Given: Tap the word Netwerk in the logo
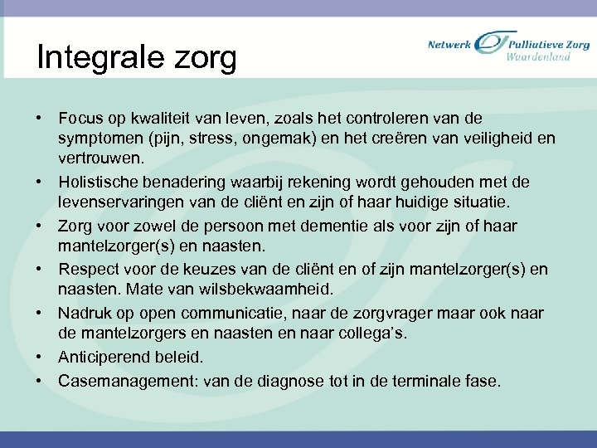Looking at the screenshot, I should click(x=449, y=45).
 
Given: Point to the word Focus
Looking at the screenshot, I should click(x=80, y=119).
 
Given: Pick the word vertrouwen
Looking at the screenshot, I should click(x=99, y=157).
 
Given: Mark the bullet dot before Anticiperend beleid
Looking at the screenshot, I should click(x=40, y=358).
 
